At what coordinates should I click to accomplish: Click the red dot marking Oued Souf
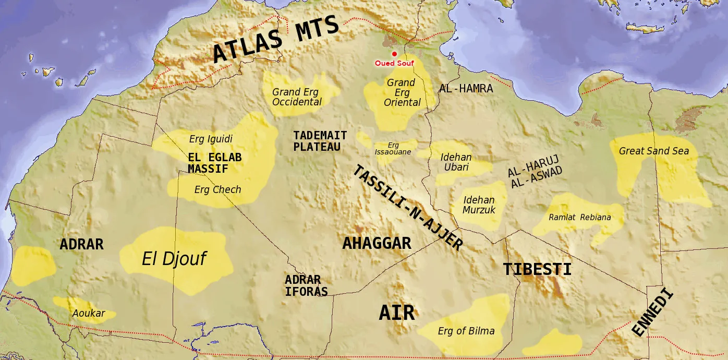[394, 54]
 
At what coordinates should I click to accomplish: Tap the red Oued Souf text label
[394, 63]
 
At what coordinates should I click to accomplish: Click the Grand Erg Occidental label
[297, 97]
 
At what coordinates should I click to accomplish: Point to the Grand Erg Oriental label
[402, 92]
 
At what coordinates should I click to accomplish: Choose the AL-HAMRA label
[466, 89]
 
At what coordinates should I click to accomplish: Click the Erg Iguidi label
[211, 139]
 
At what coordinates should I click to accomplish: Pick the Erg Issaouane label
[393, 149]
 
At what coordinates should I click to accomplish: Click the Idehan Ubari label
[456, 162]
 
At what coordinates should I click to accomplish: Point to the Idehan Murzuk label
[479, 205]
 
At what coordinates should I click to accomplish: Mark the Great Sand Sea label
[653, 151]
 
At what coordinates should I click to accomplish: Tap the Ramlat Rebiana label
[579, 218]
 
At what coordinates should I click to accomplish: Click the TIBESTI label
[537, 269]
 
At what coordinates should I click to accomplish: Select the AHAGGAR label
[377, 243]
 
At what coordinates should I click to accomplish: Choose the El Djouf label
[174, 258]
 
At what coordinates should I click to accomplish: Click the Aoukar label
[89, 314]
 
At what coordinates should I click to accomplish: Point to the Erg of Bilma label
[466, 331]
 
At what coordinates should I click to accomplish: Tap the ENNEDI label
[652, 313]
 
